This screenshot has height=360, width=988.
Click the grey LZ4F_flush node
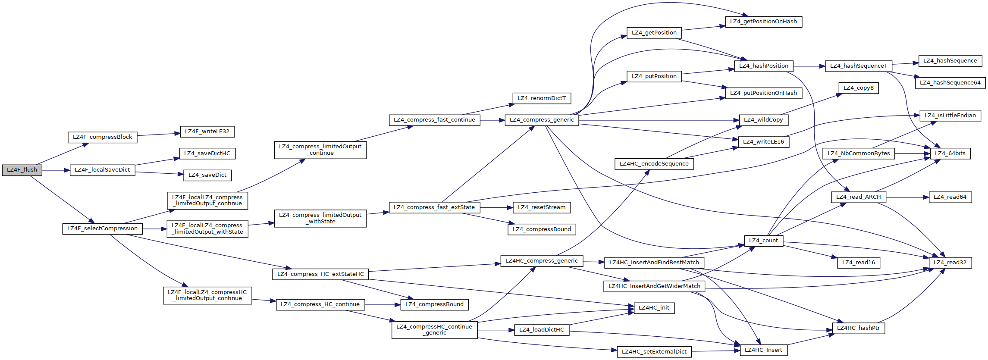22,170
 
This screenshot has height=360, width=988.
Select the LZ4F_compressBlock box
103,138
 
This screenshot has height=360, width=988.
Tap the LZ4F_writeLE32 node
207,132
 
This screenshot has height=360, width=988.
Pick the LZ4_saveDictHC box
207,154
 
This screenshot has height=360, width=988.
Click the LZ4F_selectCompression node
103,229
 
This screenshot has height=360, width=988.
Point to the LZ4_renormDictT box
542,99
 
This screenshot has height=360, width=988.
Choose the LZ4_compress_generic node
542,120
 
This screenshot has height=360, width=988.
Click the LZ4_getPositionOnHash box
763,22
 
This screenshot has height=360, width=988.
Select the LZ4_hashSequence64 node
950,83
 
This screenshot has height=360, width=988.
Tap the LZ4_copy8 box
858,88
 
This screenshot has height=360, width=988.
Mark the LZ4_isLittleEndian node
950,116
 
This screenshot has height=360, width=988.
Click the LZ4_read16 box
858,263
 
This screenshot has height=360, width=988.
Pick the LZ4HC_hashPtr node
858,329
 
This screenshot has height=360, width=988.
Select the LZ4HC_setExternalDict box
654,352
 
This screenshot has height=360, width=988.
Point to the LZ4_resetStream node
542,208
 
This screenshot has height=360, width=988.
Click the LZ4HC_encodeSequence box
654,164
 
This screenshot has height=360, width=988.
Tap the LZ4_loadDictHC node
542,330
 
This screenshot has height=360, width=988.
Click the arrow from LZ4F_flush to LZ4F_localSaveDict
56,170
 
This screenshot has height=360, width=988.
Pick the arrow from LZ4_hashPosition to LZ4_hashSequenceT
809,66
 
